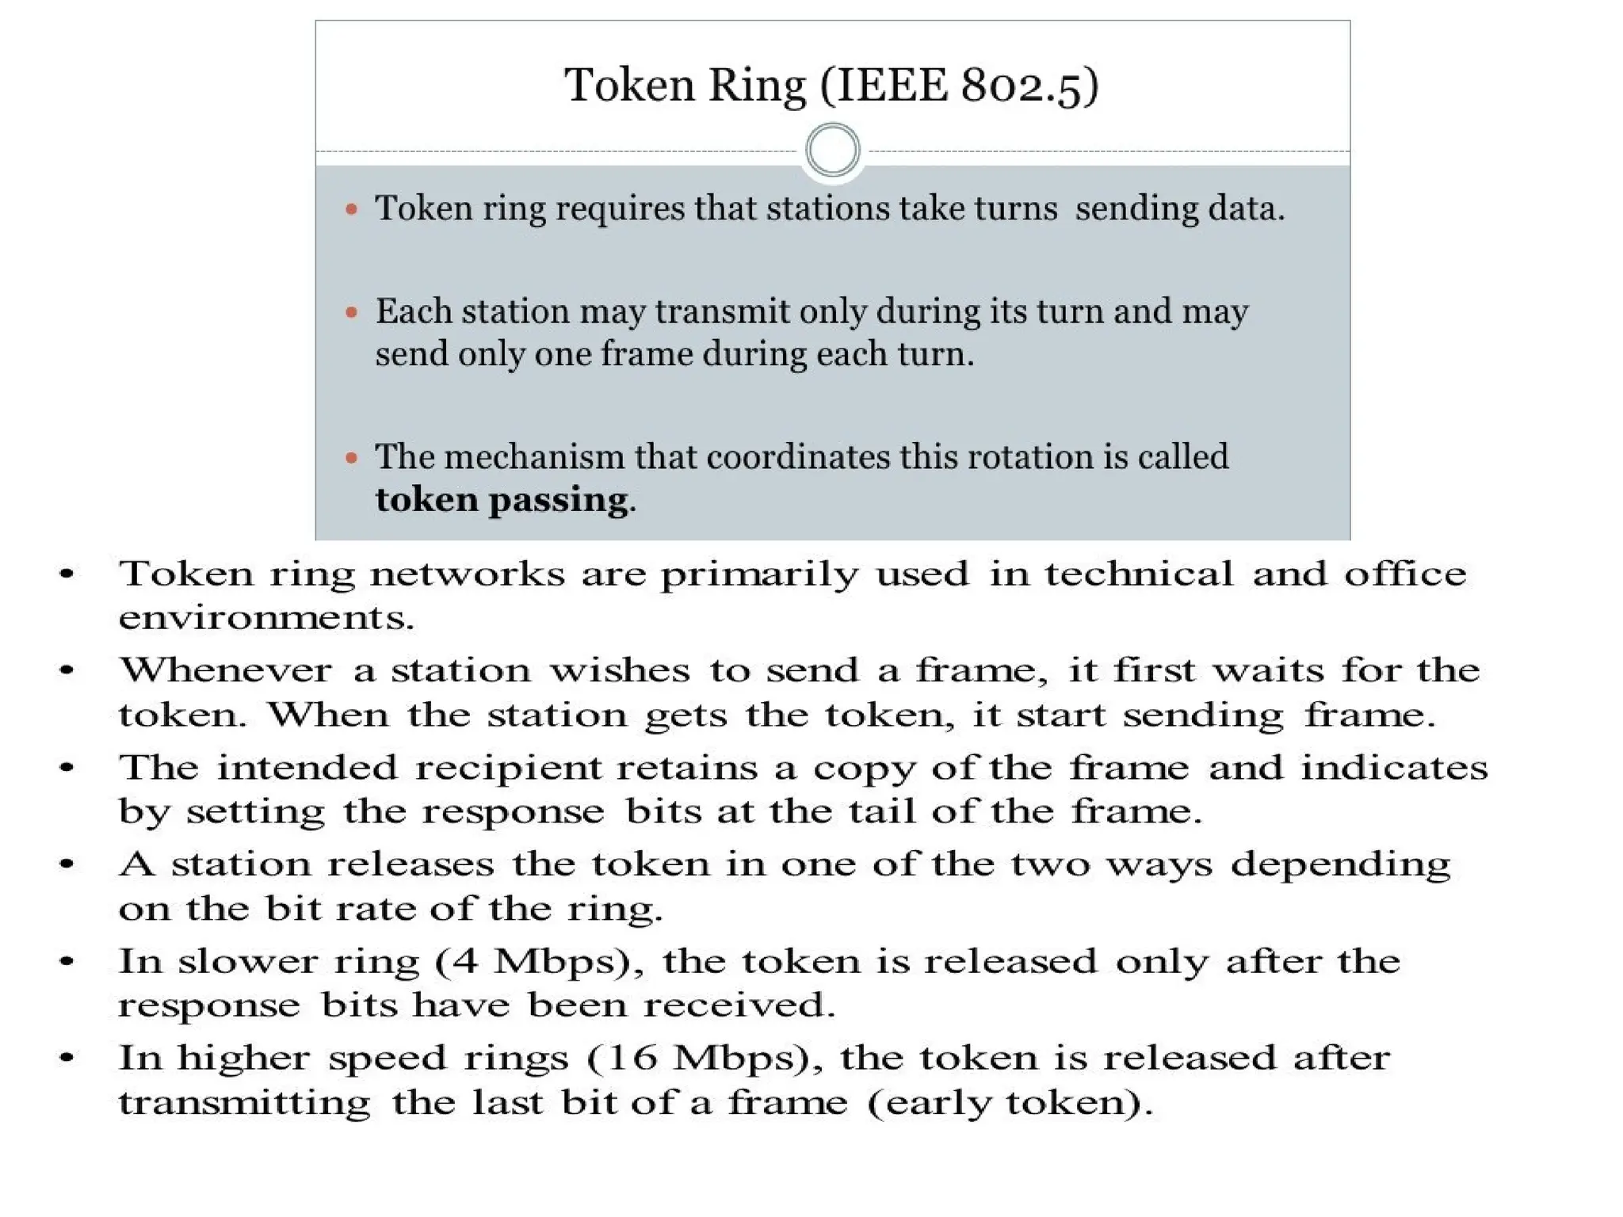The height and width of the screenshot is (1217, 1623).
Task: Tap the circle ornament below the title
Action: pos(832,150)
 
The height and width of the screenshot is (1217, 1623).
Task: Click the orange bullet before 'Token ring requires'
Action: pos(352,209)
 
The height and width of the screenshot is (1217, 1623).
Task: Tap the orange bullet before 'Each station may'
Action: pos(352,312)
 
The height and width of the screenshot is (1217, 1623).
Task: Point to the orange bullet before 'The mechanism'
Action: pos(352,457)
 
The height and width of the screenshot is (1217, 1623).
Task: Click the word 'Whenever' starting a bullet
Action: pos(225,671)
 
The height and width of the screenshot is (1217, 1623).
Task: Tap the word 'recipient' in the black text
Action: pos(506,768)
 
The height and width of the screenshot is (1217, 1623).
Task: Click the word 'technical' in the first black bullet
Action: pos(1138,574)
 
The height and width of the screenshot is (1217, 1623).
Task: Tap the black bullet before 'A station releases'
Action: pos(67,864)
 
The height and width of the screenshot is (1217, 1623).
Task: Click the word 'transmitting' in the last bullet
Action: pos(244,1103)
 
